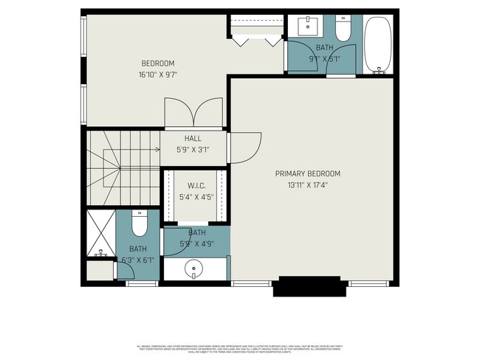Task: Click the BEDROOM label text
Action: click(x=158, y=63)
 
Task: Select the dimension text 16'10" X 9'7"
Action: click(x=158, y=75)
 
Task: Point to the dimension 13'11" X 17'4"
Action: click(x=308, y=184)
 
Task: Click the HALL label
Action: click(x=193, y=138)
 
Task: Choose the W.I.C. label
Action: click(x=195, y=186)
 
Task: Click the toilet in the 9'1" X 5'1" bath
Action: click(x=343, y=30)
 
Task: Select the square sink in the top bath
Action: click(x=308, y=27)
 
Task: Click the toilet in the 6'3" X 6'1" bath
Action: click(x=140, y=223)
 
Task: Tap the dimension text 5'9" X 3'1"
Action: click(x=193, y=149)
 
